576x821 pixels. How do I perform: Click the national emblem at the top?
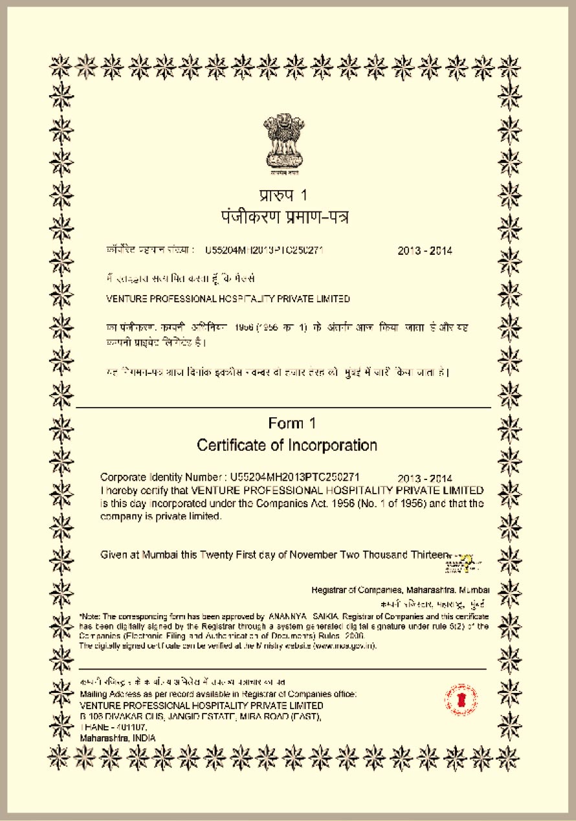pyautogui.click(x=282, y=142)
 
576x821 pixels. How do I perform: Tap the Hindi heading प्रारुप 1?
pyautogui.click(x=282, y=195)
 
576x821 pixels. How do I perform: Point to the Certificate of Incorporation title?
pyautogui.click(x=287, y=445)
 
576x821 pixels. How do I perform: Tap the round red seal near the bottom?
pyautogui.click(x=461, y=699)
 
